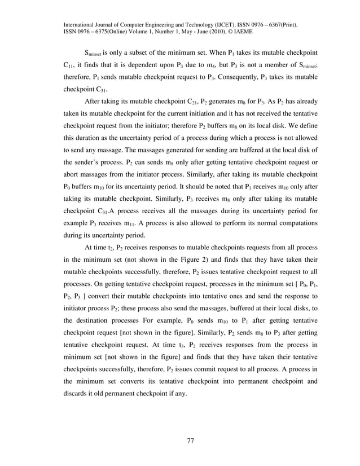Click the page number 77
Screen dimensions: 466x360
click(191, 441)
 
